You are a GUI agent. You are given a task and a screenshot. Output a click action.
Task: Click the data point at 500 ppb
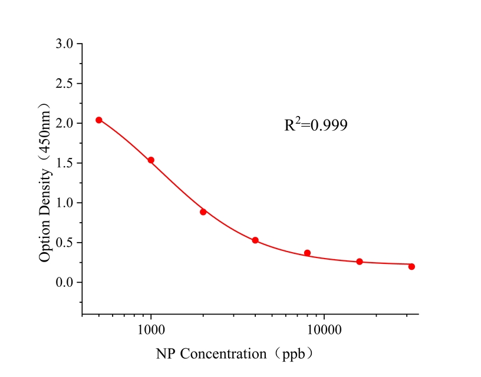(x=99, y=120)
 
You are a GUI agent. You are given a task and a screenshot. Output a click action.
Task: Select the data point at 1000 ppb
(x=151, y=160)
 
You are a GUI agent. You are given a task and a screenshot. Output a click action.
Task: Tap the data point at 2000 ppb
(x=203, y=212)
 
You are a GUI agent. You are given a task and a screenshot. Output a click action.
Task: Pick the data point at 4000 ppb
(x=255, y=240)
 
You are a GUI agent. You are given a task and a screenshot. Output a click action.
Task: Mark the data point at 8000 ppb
(x=307, y=253)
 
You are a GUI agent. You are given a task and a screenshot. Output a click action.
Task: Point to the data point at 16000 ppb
(x=360, y=262)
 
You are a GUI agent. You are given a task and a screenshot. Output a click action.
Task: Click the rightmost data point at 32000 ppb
(x=411, y=267)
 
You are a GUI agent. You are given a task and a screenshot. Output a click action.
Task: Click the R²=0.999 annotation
(x=316, y=124)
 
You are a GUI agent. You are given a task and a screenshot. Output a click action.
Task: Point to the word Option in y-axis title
(x=44, y=242)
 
